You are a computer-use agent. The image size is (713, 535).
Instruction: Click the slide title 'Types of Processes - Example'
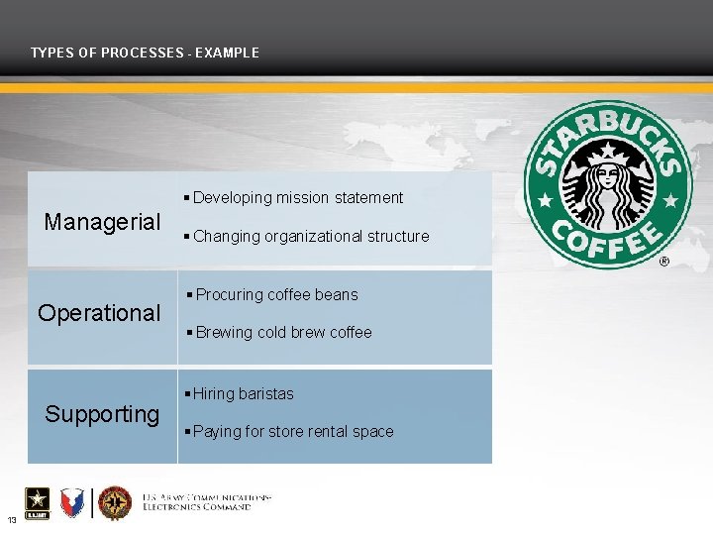click(145, 53)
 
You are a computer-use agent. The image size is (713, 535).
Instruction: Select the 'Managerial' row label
click(102, 221)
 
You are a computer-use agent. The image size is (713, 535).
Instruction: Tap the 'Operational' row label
click(99, 313)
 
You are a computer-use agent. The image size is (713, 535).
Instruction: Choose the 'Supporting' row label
click(102, 413)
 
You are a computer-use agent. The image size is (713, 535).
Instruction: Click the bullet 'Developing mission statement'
click(297, 198)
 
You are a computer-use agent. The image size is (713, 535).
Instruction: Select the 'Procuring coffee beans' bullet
click(276, 294)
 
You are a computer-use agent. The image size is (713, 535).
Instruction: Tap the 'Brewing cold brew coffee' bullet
click(283, 333)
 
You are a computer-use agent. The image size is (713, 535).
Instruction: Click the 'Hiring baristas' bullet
click(244, 393)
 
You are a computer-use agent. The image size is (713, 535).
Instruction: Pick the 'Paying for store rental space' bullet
click(293, 432)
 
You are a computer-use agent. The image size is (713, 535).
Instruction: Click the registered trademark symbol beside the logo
click(663, 263)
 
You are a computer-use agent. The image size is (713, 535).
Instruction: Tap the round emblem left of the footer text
click(115, 503)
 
